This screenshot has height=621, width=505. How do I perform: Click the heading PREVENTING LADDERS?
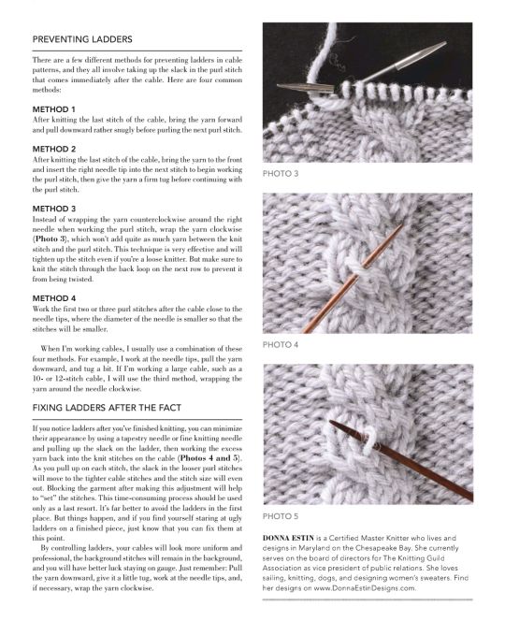pyautogui.click(x=82, y=39)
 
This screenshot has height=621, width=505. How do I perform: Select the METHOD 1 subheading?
pyautogui.click(x=54, y=109)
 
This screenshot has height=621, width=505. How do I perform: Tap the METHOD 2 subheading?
pyautogui.click(x=54, y=149)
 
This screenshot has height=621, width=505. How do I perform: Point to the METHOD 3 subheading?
pyautogui.click(x=54, y=209)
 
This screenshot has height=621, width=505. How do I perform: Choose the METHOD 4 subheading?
pyautogui.click(x=54, y=298)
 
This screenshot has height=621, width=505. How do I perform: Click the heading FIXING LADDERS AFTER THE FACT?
pyautogui.click(x=107, y=408)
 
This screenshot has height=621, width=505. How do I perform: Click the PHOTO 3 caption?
pyautogui.click(x=281, y=173)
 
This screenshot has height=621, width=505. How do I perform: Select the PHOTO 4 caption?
pyautogui.click(x=281, y=344)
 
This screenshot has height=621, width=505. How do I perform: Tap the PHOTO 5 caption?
pyautogui.click(x=281, y=516)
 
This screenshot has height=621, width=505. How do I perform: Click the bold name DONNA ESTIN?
pyautogui.click(x=288, y=538)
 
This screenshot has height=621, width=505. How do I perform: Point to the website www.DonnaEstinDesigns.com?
pyautogui.click(x=365, y=587)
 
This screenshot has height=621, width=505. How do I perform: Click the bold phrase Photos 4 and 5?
pyautogui.click(x=209, y=458)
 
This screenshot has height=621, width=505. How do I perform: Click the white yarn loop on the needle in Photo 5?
pyautogui.click(x=369, y=440)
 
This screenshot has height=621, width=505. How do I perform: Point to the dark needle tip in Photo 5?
pyautogui.click(x=330, y=422)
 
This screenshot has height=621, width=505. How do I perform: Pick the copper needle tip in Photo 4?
pyautogui.click(x=401, y=226)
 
